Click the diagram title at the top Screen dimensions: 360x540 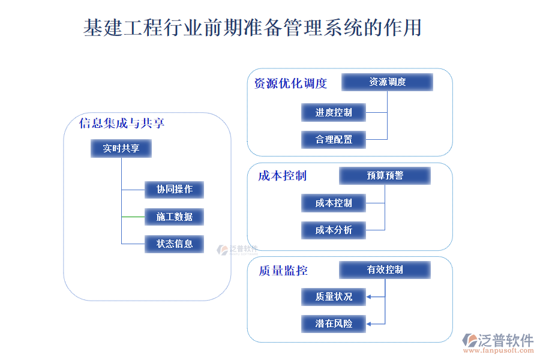tap(252, 28)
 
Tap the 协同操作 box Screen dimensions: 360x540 tap(174, 190)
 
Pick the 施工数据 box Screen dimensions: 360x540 tap(174, 217)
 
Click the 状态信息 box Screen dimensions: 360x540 tap(174, 244)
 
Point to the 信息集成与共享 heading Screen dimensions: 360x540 tap(122, 124)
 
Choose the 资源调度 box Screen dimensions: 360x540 tap(387, 82)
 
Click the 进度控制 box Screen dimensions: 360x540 tap(334, 112)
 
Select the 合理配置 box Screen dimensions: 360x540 tap(334, 140)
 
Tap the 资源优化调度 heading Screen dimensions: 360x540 tap(290, 83)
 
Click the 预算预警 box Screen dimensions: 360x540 tap(385, 176)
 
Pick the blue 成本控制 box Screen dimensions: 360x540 tap(334, 203)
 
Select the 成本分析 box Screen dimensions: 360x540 tap(334, 230)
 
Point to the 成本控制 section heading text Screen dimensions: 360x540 tap(282, 176)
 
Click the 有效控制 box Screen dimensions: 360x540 tap(385, 270)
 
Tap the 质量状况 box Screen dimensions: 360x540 tap(334, 296)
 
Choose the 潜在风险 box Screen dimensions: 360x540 tap(334, 324)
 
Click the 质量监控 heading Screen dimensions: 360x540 tap(283, 271)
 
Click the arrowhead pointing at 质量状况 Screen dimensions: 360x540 tap(369, 296)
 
